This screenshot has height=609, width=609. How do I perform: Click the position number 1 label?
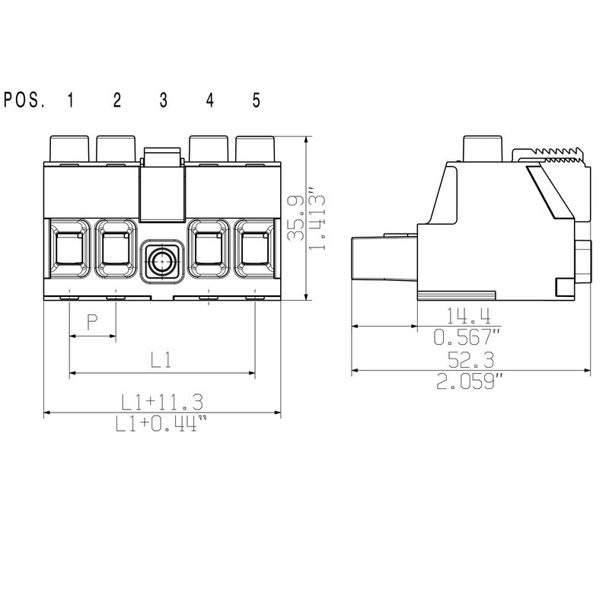70,100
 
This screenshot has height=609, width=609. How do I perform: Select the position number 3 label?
163,100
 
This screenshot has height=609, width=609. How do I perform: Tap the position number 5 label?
256,100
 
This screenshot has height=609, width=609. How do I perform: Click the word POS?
24,100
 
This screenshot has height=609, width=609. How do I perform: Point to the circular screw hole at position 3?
162,262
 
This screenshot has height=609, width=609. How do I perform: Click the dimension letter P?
92,324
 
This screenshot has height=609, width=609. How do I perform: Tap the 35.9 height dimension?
295,219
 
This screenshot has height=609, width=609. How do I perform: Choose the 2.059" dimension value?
470,381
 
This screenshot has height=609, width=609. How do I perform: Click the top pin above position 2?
116,148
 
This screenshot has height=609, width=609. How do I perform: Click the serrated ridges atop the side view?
552,155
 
